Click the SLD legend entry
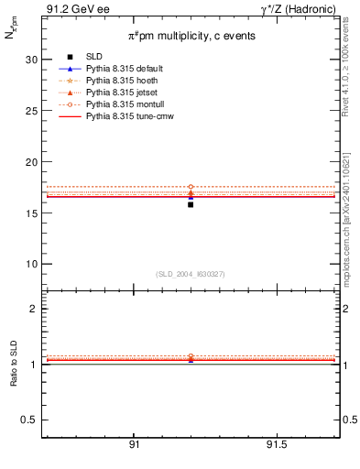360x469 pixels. [x=94, y=58]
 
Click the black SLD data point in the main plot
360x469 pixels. [x=191, y=204]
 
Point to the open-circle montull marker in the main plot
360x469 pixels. [x=191, y=187]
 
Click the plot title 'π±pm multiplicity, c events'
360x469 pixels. [x=191, y=35]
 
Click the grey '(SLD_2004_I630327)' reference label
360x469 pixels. [x=191, y=274]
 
